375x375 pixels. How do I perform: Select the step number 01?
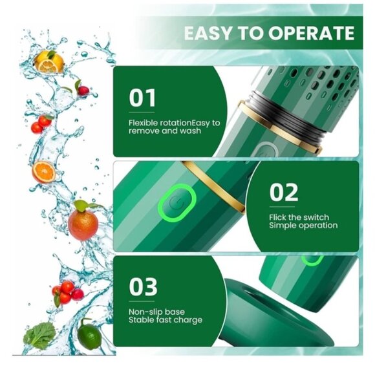142,98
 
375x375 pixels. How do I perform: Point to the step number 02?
284,192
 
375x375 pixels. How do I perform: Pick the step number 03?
143,286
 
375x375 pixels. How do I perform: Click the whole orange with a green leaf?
83,223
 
